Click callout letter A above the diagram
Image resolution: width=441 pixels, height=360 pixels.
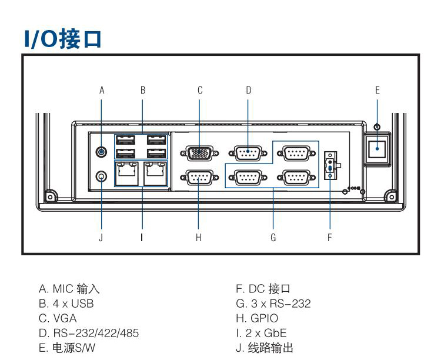(x=102, y=90)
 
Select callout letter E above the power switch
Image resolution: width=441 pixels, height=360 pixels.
(x=377, y=90)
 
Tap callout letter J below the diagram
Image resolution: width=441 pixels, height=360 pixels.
(x=101, y=238)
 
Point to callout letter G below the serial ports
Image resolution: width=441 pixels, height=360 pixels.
(x=273, y=238)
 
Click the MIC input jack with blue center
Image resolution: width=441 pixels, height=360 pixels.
(x=102, y=152)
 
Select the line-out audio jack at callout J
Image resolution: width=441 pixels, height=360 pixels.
(x=102, y=176)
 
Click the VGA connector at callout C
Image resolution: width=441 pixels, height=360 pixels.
(x=199, y=154)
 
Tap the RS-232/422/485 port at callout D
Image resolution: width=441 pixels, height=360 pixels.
(x=248, y=154)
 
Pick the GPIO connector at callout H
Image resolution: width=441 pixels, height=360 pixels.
(x=199, y=177)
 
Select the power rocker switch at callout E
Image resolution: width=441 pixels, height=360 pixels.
(x=377, y=151)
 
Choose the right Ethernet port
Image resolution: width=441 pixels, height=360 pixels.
(x=155, y=175)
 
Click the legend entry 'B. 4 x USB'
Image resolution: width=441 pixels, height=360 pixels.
(x=66, y=304)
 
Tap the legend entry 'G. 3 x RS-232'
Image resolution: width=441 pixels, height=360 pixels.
(x=273, y=304)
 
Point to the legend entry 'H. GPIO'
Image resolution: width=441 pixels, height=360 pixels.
(x=257, y=318)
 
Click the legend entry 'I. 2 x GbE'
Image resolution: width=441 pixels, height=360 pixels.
(x=261, y=333)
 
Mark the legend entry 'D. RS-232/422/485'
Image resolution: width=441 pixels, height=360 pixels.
(x=89, y=333)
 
